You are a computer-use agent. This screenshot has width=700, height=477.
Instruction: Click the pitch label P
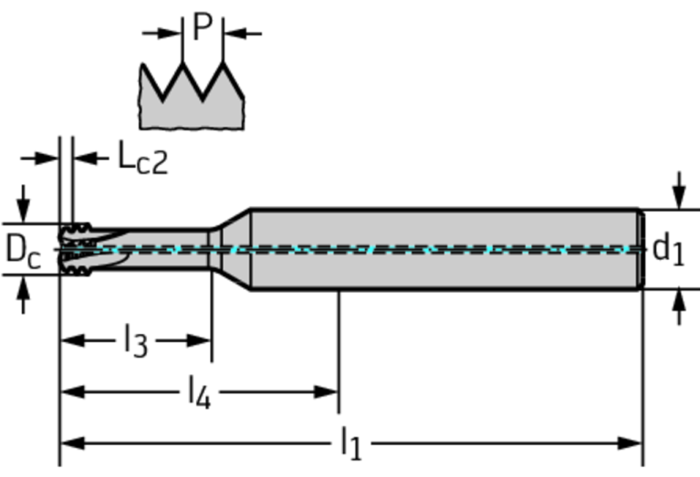pyautogui.click(x=203, y=26)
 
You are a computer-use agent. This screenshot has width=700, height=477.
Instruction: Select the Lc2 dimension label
pyautogui.click(x=143, y=158)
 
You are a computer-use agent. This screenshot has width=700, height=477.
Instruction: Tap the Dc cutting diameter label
pyautogui.click(x=24, y=251)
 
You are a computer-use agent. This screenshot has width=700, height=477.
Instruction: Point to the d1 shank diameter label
pyautogui.click(x=668, y=250)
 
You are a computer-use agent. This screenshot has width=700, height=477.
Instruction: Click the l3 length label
pyautogui.click(x=135, y=341)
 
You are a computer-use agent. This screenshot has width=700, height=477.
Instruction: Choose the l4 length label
pyautogui.click(x=199, y=393)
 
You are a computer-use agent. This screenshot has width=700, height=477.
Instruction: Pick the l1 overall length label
pyautogui.click(x=350, y=443)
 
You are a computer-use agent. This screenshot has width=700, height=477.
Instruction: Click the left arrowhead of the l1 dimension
pyautogui.click(x=72, y=443)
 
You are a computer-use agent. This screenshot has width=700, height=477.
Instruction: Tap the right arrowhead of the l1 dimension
pyautogui.click(x=630, y=443)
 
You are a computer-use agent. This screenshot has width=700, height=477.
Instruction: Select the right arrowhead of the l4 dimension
pyautogui.click(x=326, y=392)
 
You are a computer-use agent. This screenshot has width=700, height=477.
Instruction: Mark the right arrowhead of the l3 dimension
pyautogui.click(x=199, y=340)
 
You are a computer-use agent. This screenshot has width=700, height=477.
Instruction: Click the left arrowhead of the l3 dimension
pyautogui.click(x=72, y=340)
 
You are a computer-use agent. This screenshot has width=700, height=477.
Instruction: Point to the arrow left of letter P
pyautogui.click(x=162, y=33)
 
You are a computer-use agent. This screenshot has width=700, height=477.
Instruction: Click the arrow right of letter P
pyautogui.click(x=243, y=33)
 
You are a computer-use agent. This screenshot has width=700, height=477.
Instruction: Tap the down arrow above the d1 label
pyautogui.click(x=679, y=190)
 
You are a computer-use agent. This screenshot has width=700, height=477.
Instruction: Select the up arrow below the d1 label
pyautogui.click(x=679, y=307)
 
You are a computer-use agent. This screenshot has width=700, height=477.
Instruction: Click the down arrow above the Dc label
pyautogui.click(x=23, y=204)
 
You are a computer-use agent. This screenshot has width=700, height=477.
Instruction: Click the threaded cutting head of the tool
pyautogui.click(x=76, y=249)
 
